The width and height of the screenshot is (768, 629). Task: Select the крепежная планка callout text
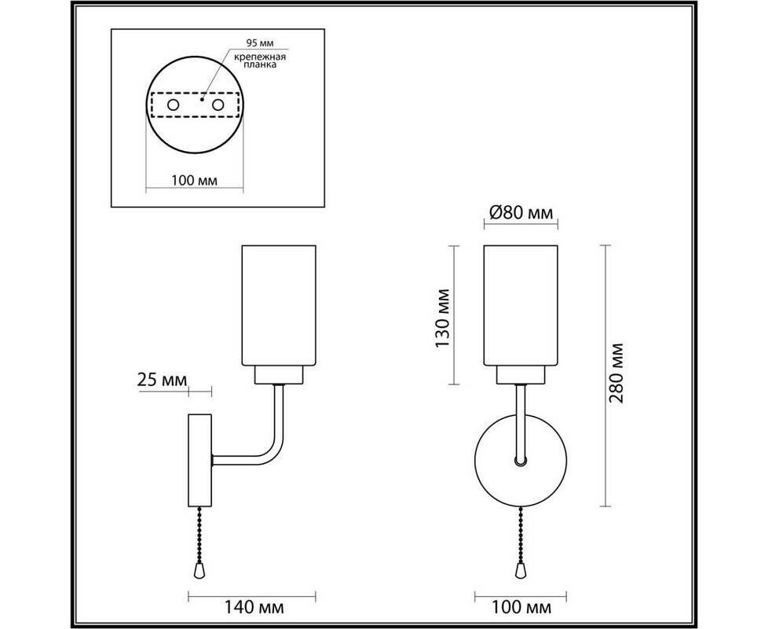tap(260, 61)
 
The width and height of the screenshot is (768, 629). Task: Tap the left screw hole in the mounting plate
tap(174, 105)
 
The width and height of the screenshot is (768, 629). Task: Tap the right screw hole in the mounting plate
tap(218, 105)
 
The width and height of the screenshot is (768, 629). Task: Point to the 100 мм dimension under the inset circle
tap(195, 180)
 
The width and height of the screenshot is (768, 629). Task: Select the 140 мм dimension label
tap(254, 608)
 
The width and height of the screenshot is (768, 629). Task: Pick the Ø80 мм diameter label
tap(521, 212)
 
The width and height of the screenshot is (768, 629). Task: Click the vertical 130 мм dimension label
tap(443, 318)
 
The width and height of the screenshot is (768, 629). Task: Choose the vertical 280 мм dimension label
tap(616, 373)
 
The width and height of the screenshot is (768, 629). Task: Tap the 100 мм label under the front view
tap(521, 608)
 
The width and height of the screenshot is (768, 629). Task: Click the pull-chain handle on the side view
tap(199, 570)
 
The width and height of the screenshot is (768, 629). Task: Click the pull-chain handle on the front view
tap(520, 570)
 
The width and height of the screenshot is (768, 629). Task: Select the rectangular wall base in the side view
tap(199, 461)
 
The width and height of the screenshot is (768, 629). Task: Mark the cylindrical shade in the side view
tap(280, 305)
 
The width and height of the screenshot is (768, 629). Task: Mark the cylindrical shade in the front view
tap(521, 305)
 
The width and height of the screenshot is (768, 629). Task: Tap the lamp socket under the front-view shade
tap(521, 375)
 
